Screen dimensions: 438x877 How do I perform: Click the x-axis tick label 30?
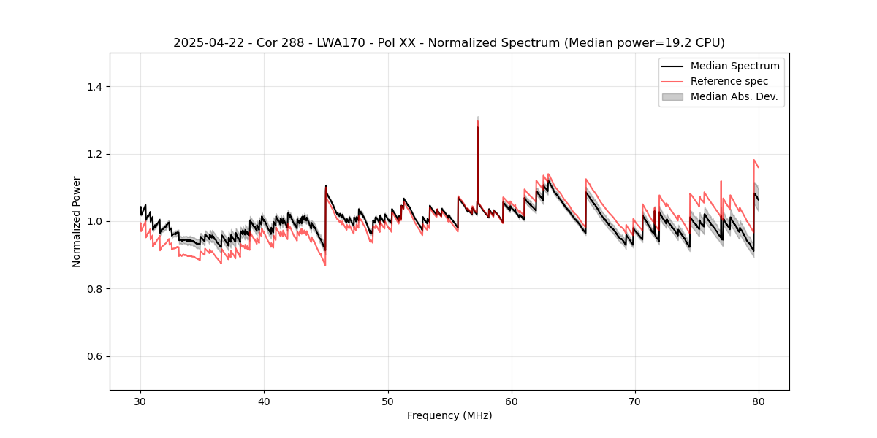click(x=140, y=401)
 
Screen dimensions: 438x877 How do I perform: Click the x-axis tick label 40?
click(x=264, y=401)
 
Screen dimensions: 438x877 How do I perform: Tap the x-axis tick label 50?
click(x=387, y=401)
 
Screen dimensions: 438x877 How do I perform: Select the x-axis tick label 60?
click(x=512, y=401)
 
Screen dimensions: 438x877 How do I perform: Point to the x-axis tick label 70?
click(x=635, y=401)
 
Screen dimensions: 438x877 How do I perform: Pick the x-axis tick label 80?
click(x=759, y=401)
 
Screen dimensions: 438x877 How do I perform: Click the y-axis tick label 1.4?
click(x=94, y=87)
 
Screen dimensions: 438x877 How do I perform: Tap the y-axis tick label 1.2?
click(x=94, y=154)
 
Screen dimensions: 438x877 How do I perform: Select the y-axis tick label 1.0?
click(x=94, y=221)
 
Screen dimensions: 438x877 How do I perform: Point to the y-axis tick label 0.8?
click(x=94, y=289)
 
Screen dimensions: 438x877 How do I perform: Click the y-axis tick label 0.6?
click(x=94, y=356)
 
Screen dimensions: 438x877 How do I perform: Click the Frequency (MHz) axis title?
click(x=449, y=415)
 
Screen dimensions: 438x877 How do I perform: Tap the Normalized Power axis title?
click(x=77, y=221)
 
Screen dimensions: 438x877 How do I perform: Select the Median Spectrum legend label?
click(x=734, y=66)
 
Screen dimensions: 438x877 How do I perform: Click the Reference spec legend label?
click(x=729, y=81)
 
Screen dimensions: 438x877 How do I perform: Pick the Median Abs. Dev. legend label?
click(x=734, y=96)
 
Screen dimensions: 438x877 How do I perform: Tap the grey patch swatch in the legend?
click(x=672, y=96)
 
